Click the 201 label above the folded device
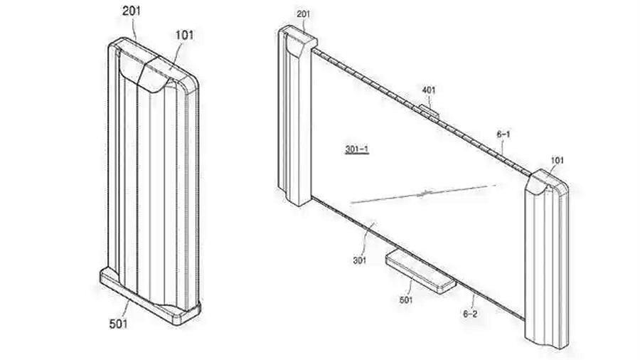coord(132,11)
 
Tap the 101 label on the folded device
coord(184,35)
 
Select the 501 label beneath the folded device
coord(118,324)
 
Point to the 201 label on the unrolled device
coord(303,14)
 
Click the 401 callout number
coord(429,90)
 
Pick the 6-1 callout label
coord(503,134)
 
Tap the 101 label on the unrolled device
coord(557,160)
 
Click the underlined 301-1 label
coord(357,149)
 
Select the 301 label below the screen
coord(360,260)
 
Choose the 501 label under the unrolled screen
coord(406,300)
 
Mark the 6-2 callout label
coord(470,314)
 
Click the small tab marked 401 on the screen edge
coord(430,111)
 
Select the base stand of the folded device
coord(150,296)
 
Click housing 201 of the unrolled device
coord(297,115)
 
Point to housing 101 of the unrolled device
coord(546,259)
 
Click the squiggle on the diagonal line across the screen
coord(424,194)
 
